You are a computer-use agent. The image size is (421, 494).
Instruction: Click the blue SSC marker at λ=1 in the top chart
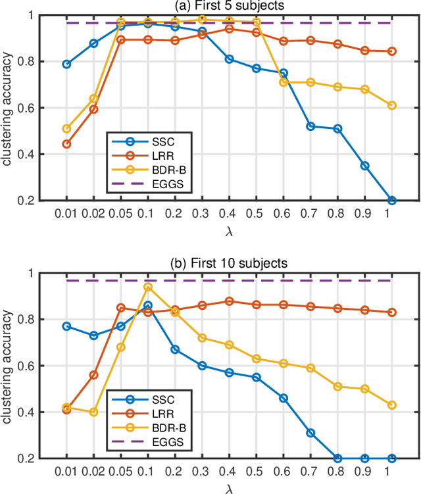click(392, 200)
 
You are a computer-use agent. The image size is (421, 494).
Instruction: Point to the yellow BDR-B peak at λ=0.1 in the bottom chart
click(148, 287)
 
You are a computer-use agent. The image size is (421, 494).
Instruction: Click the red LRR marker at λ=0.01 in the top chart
click(66, 144)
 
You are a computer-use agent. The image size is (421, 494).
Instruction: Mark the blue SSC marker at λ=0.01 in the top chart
click(66, 64)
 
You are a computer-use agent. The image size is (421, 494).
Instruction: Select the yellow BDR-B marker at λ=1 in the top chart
click(392, 105)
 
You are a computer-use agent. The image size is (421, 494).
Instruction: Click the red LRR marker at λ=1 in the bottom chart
click(392, 312)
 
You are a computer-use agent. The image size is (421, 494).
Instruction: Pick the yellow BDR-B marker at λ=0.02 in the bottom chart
click(93, 412)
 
